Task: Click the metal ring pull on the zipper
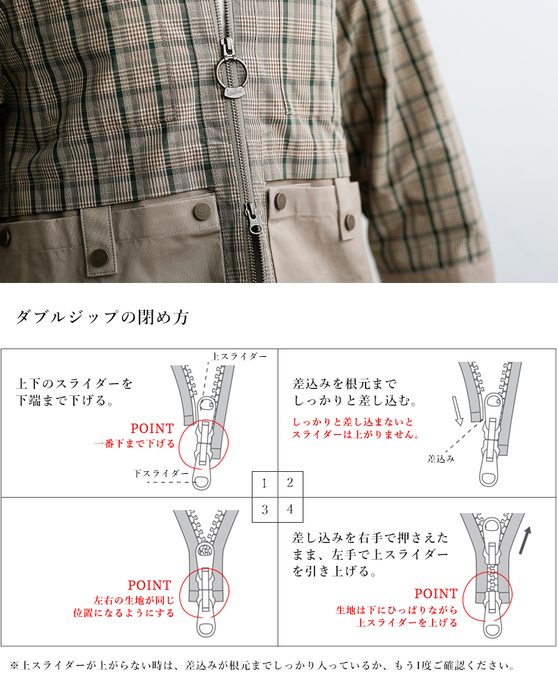click(x=229, y=70)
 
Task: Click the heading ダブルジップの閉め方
click(x=103, y=318)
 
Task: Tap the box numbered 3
click(x=264, y=509)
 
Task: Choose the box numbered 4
click(x=290, y=509)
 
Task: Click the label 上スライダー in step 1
click(x=239, y=356)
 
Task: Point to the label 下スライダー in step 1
click(x=161, y=473)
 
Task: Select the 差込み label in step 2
click(x=442, y=459)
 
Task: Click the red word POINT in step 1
click(x=152, y=429)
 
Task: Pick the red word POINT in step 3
click(x=149, y=585)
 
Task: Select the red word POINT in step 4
click(x=436, y=594)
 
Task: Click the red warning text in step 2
click(x=356, y=429)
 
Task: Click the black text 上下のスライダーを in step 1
click(x=74, y=384)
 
